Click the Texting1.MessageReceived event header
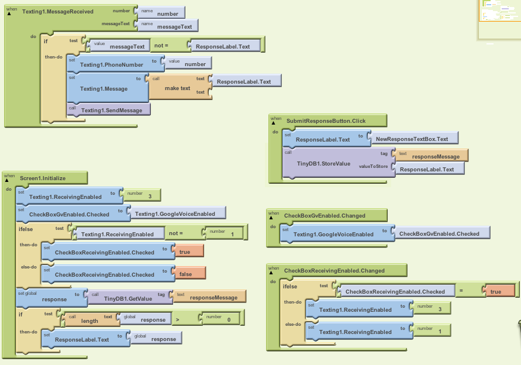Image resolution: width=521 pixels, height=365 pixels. coord(57,12)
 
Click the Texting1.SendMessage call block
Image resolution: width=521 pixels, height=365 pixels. coord(108,110)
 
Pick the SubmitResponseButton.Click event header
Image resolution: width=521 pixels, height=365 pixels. coord(326,120)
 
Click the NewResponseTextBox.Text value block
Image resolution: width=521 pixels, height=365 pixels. coord(412,139)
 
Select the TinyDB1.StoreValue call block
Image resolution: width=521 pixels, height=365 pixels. coord(323,164)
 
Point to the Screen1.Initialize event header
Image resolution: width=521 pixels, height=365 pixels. coord(43,177)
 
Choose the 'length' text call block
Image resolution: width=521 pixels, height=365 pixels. coord(89,321)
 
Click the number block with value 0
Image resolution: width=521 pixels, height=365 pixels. coord(227,320)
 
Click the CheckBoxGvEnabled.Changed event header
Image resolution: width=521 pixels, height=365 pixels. coord(325,215)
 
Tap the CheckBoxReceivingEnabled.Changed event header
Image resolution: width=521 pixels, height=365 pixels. coord(334,270)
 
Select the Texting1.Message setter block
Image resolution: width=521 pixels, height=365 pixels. coord(103,89)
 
